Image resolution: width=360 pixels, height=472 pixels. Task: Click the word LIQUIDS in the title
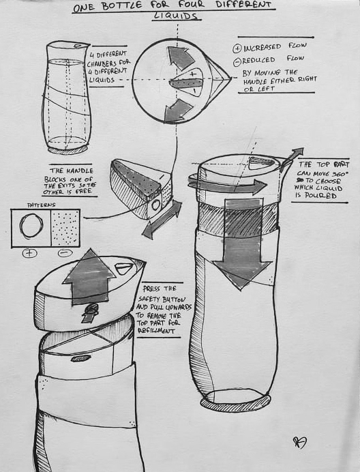[177, 16]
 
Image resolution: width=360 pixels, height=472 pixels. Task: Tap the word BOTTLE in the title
[122, 5]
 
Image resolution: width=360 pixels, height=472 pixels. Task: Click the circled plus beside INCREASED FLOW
[237, 48]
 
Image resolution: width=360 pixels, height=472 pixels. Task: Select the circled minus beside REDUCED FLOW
[237, 61]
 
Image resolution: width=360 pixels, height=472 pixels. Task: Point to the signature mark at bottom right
[300, 442]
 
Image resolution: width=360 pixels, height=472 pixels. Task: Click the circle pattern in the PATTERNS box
[31, 226]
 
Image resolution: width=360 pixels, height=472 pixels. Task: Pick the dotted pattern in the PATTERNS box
[65, 228]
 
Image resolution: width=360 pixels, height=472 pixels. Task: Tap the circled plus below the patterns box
[29, 253]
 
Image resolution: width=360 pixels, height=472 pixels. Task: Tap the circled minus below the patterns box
[65, 253]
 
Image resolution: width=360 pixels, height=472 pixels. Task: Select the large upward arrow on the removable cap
[89, 277]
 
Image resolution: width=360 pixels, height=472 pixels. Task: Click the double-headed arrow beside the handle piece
[162, 220]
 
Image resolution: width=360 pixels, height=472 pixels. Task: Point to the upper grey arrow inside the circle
[180, 58]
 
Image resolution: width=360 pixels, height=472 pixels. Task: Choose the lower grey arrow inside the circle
[177, 110]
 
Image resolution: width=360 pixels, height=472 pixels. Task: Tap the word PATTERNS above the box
[41, 205]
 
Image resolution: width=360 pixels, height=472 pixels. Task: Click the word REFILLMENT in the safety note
[156, 331]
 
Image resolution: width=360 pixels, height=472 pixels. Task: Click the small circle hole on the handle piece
[155, 205]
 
